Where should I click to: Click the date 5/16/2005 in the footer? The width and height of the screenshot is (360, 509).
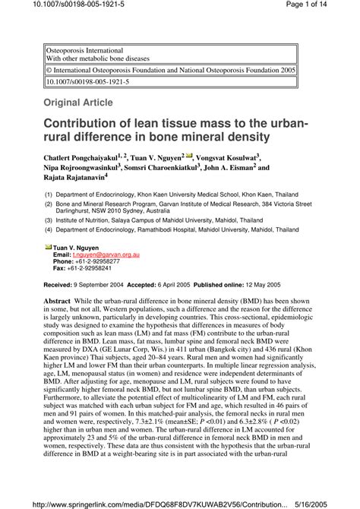(333, 502)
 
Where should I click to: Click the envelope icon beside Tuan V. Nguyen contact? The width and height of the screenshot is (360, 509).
(48, 246)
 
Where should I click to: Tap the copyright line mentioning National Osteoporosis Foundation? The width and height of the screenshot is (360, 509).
(171, 69)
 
